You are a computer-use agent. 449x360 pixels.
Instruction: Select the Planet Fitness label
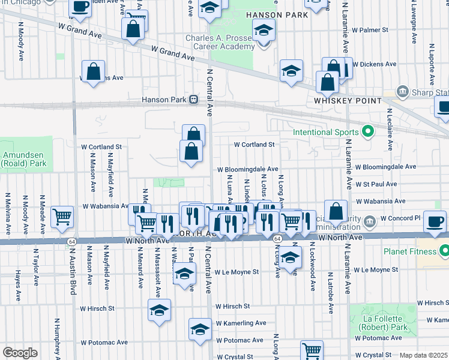tap(416, 250)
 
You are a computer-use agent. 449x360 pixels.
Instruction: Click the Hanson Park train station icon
tap(193, 100)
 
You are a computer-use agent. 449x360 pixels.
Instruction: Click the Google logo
tap(20, 353)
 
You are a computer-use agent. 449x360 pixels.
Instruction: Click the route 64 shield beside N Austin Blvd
tap(71, 241)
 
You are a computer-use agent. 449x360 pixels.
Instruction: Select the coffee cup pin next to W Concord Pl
tap(435, 221)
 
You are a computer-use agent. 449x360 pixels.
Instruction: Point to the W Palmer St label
tap(370, 29)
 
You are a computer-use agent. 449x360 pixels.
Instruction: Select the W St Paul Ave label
tap(376, 184)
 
